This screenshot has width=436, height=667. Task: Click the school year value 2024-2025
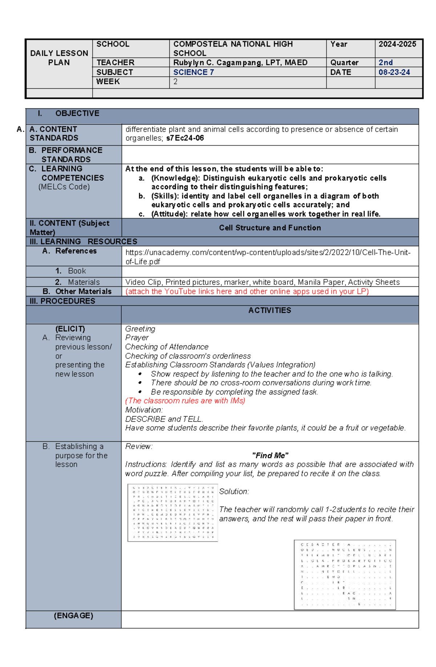tap(397, 44)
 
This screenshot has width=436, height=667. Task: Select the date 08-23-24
tap(394, 72)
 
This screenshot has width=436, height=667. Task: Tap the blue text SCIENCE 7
tap(193, 72)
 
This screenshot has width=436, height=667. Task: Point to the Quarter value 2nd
tap(385, 63)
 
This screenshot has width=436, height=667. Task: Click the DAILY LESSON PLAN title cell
tap(59, 58)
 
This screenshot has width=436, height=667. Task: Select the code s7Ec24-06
tap(185, 138)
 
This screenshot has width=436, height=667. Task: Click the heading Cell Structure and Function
tap(270, 228)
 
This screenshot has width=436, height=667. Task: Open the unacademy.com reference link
tap(268, 257)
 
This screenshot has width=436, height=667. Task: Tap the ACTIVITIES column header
tap(270, 310)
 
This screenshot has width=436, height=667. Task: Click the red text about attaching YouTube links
tap(247, 292)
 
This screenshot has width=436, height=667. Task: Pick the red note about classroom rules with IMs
tap(185, 401)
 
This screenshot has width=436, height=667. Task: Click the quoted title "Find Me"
tap(270, 455)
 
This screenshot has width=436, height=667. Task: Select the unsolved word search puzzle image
tap(173, 513)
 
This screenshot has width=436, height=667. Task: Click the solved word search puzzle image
tap(344, 574)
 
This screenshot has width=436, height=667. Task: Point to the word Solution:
tap(234, 491)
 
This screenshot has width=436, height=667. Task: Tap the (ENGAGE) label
tap(73, 616)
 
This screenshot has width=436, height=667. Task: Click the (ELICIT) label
tap(70, 329)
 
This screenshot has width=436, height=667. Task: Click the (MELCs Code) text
tap(64, 187)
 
